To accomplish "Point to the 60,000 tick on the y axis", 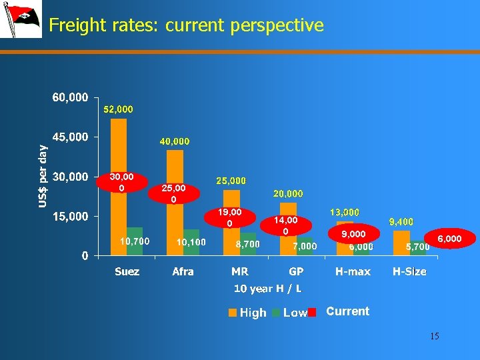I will pyautogui.click(x=70, y=97).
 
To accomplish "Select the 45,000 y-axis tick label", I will pyautogui.click(x=70, y=137).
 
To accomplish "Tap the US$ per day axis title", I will pyautogui.click(x=43, y=175).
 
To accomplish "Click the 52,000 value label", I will pyautogui.click(x=118, y=109).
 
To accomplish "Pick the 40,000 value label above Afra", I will pyautogui.click(x=175, y=141).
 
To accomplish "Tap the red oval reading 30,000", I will pyautogui.click(x=121, y=182).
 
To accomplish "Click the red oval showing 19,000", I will pyautogui.click(x=230, y=217).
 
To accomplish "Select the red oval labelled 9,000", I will pyautogui.click(x=353, y=234).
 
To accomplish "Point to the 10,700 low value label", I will pyautogui.click(x=134, y=241).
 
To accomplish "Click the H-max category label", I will pyautogui.click(x=353, y=271).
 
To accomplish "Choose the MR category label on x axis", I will pyautogui.click(x=240, y=271).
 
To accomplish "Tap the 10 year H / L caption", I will pyautogui.click(x=267, y=289).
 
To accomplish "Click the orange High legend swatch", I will pyautogui.click(x=232, y=313).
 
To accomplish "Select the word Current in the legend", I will pyautogui.click(x=347, y=311).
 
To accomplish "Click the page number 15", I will pyautogui.click(x=434, y=336).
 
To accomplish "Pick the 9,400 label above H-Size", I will pyautogui.click(x=401, y=221).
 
